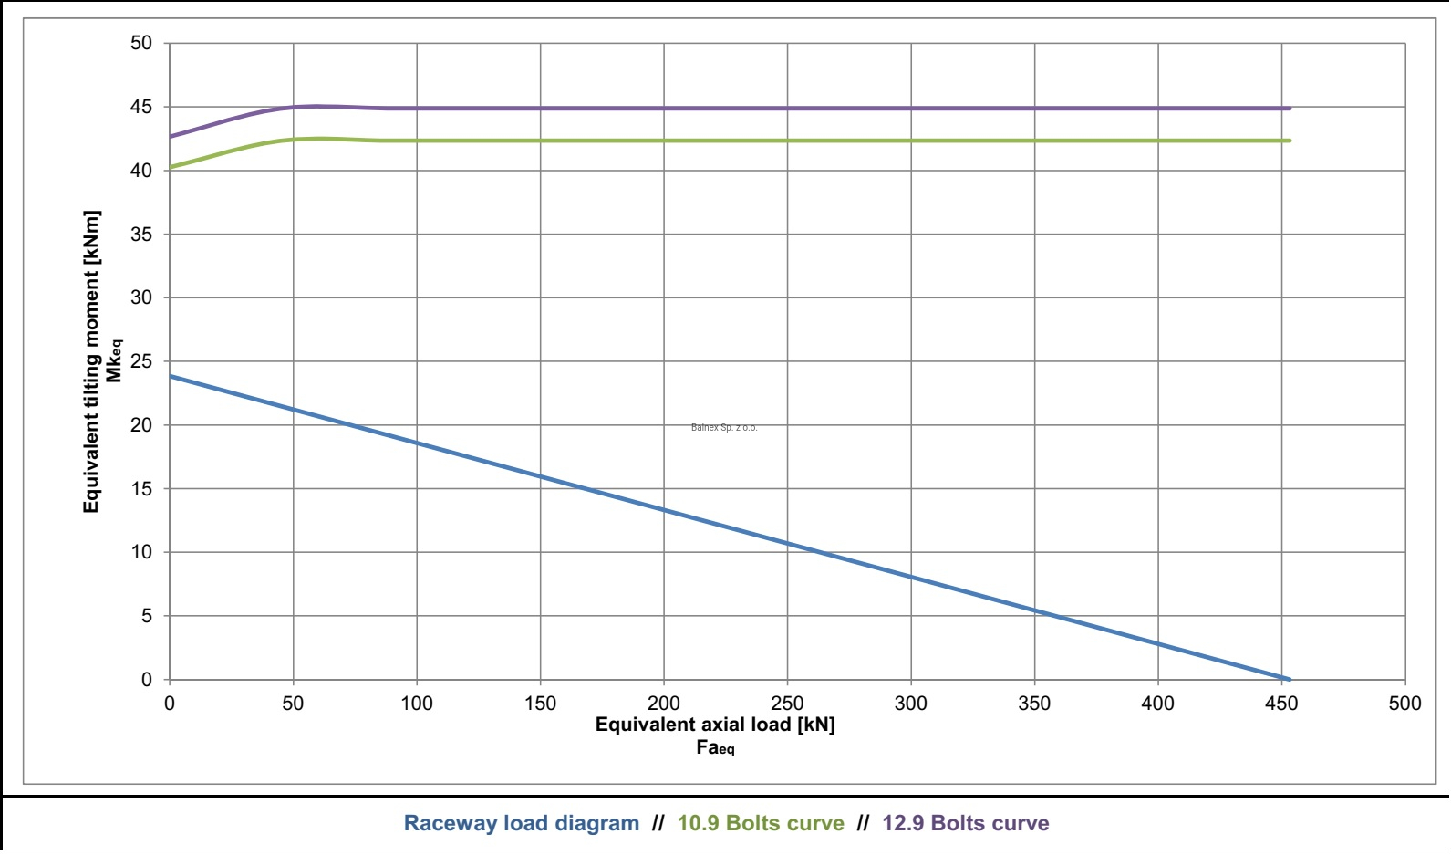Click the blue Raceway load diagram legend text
click(x=521, y=823)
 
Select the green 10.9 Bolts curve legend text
click(x=761, y=823)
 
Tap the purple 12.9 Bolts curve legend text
click(x=965, y=823)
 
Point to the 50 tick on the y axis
click(x=141, y=43)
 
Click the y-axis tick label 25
click(x=141, y=361)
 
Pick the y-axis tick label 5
click(x=146, y=616)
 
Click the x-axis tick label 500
click(x=1404, y=704)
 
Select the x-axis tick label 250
click(x=787, y=704)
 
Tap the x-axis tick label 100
click(x=417, y=704)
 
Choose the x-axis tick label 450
click(x=1281, y=704)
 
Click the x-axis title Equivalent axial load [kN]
click(x=715, y=725)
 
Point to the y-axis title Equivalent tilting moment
click(x=91, y=361)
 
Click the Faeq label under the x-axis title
click(x=715, y=748)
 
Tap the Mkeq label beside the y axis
click(x=114, y=361)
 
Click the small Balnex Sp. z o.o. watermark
click(x=724, y=427)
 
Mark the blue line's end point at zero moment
click(x=1288, y=679)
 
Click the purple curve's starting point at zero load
click(x=171, y=137)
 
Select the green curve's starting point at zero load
click(x=171, y=167)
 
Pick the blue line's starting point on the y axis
click(x=171, y=376)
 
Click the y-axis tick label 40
click(x=141, y=171)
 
